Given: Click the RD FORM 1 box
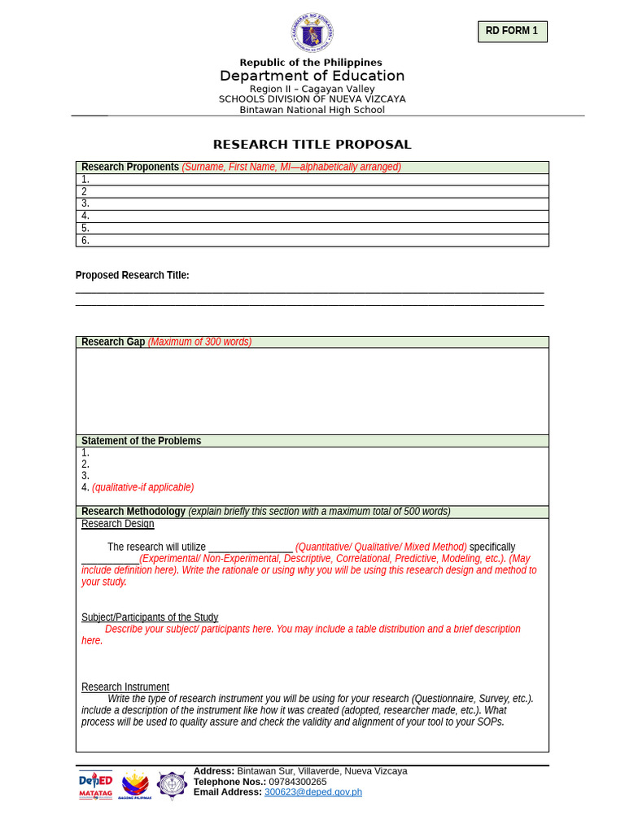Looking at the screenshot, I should [512, 32].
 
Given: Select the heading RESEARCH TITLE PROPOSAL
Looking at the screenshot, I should [312, 145].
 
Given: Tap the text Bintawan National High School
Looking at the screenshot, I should [312, 110].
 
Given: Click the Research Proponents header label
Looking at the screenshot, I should [130, 167].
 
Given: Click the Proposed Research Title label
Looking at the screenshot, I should [132, 276].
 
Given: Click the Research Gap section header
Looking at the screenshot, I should [113, 342].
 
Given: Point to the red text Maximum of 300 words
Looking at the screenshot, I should [199, 342].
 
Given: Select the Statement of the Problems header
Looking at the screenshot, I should [141, 441].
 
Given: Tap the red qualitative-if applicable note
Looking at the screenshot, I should [142, 487].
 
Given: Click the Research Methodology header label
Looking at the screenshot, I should [133, 512].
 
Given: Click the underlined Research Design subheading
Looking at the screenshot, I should [117, 524].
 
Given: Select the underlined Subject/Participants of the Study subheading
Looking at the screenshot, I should [150, 617].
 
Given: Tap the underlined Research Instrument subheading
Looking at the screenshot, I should [125, 687].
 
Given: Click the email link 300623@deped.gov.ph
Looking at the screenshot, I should [312, 792].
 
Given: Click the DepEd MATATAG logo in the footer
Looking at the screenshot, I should [95, 785].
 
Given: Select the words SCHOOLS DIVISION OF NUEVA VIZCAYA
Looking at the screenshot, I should [312, 99].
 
